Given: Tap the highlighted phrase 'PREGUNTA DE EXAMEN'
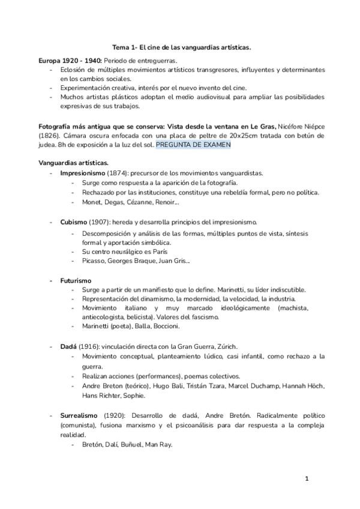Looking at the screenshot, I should (x=193, y=145).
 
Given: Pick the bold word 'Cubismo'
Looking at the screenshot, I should (x=74, y=222).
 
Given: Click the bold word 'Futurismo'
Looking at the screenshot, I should (x=76, y=280).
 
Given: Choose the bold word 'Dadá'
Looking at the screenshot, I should (x=68, y=346).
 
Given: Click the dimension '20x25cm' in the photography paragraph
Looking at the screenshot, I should (x=229, y=136).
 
